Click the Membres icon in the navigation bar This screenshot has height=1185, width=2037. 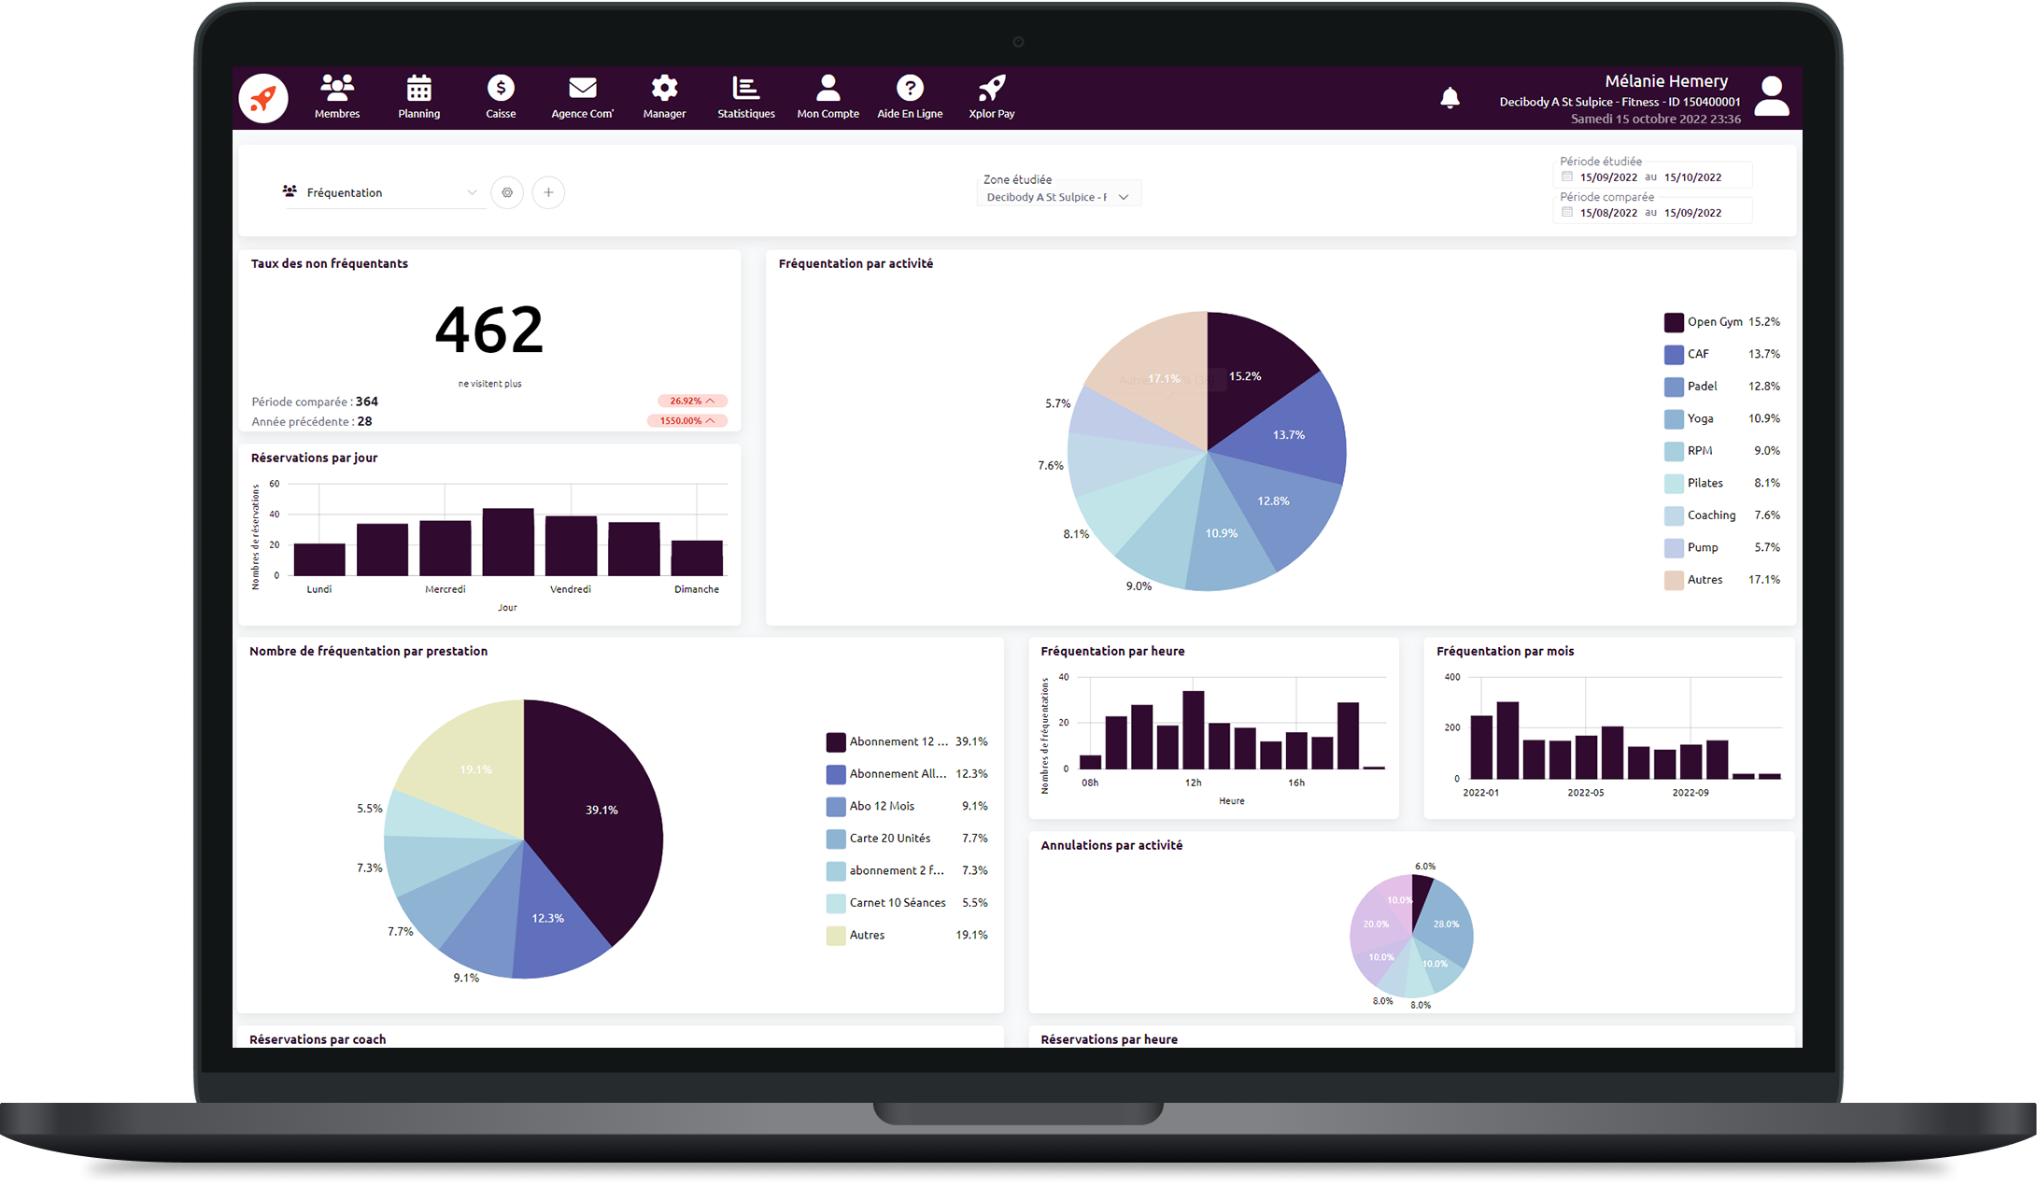(337, 89)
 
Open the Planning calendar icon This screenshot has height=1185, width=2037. (418, 89)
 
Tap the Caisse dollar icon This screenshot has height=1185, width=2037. (501, 89)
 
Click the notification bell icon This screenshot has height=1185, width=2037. (1450, 98)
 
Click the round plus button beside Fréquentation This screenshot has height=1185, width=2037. (548, 192)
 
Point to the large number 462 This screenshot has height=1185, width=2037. (488, 330)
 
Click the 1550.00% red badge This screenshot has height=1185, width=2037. (686, 421)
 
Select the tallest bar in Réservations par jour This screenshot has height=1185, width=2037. (508, 542)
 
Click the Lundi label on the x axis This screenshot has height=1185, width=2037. (319, 589)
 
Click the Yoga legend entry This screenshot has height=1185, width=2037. (1700, 418)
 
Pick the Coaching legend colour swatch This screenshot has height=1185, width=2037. (1674, 515)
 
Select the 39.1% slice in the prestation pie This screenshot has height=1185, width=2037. (598, 812)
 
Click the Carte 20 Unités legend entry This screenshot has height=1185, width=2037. (889, 839)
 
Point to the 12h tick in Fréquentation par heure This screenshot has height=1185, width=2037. (1193, 783)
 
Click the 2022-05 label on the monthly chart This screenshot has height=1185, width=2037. (1585, 793)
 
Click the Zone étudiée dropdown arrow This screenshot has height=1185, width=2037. (1124, 197)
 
